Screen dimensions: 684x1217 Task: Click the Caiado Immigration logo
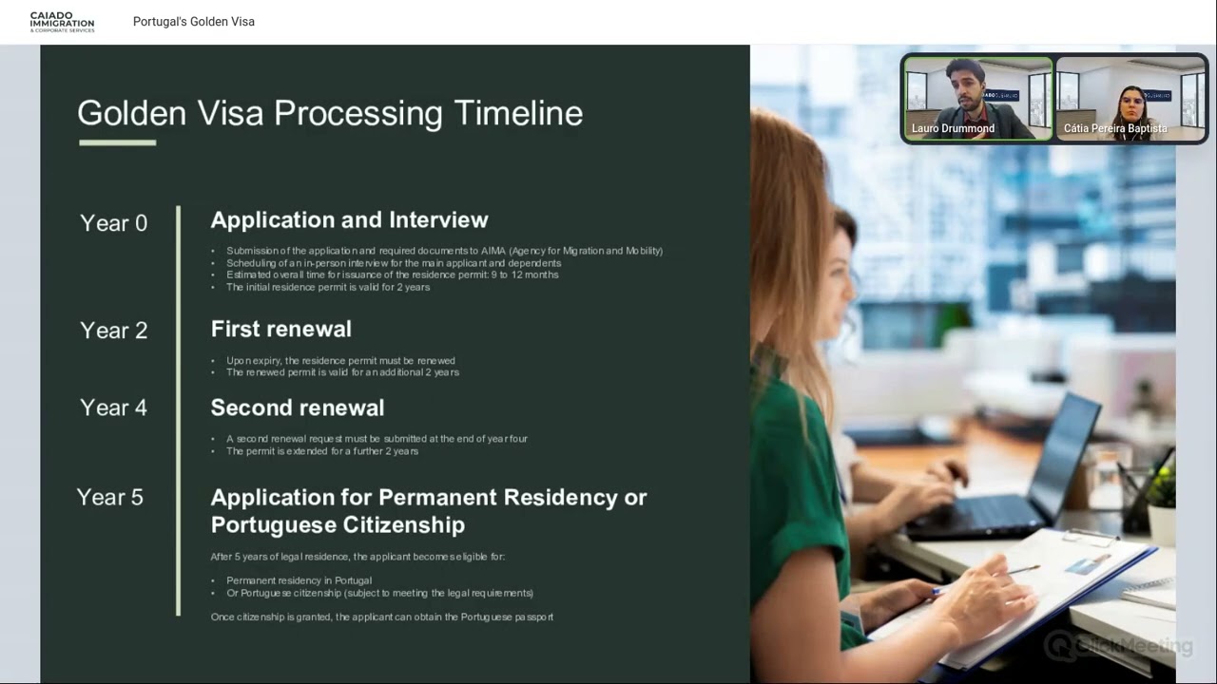[x=62, y=22]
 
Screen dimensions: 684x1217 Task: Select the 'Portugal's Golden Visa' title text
[x=194, y=22]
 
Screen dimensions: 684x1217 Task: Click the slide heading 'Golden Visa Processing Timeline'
[x=329, y=113]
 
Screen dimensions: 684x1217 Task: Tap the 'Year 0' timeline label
[x=113, y=223]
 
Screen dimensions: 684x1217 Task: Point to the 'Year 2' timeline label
[x=113, y=331]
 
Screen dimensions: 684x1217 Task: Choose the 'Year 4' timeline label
[x=113, y=408]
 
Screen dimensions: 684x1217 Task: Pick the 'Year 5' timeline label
[x=109, y=497]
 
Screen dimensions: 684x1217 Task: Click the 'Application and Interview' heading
[x=349, y=220]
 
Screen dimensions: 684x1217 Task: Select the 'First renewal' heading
[x=280, y=329]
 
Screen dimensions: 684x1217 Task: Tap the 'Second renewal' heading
[x=297, y=408]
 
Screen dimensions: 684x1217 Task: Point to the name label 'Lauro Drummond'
[x=953, y=128]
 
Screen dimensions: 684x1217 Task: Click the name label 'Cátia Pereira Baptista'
[x=1115, y=128]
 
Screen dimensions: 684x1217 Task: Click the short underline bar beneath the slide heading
[x=117, y=142]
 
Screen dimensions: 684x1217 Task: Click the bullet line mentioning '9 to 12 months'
[x=392, y=275]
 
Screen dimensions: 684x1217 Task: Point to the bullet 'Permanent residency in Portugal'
[x=299, y=580]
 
